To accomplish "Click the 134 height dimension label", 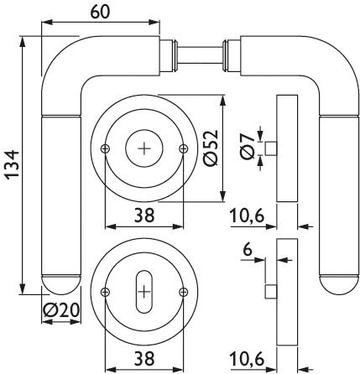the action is [12, 164].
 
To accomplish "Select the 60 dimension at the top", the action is [100, 12].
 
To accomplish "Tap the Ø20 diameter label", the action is [61, 309].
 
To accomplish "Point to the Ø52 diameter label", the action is [211, 148].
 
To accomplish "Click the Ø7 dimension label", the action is [248, 147].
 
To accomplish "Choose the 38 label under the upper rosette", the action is [144, 216].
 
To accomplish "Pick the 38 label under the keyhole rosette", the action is [144, 359].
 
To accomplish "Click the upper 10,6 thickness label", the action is [247, 216].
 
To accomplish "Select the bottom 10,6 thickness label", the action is [247, 359].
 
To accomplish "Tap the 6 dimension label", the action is [248, 250].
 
